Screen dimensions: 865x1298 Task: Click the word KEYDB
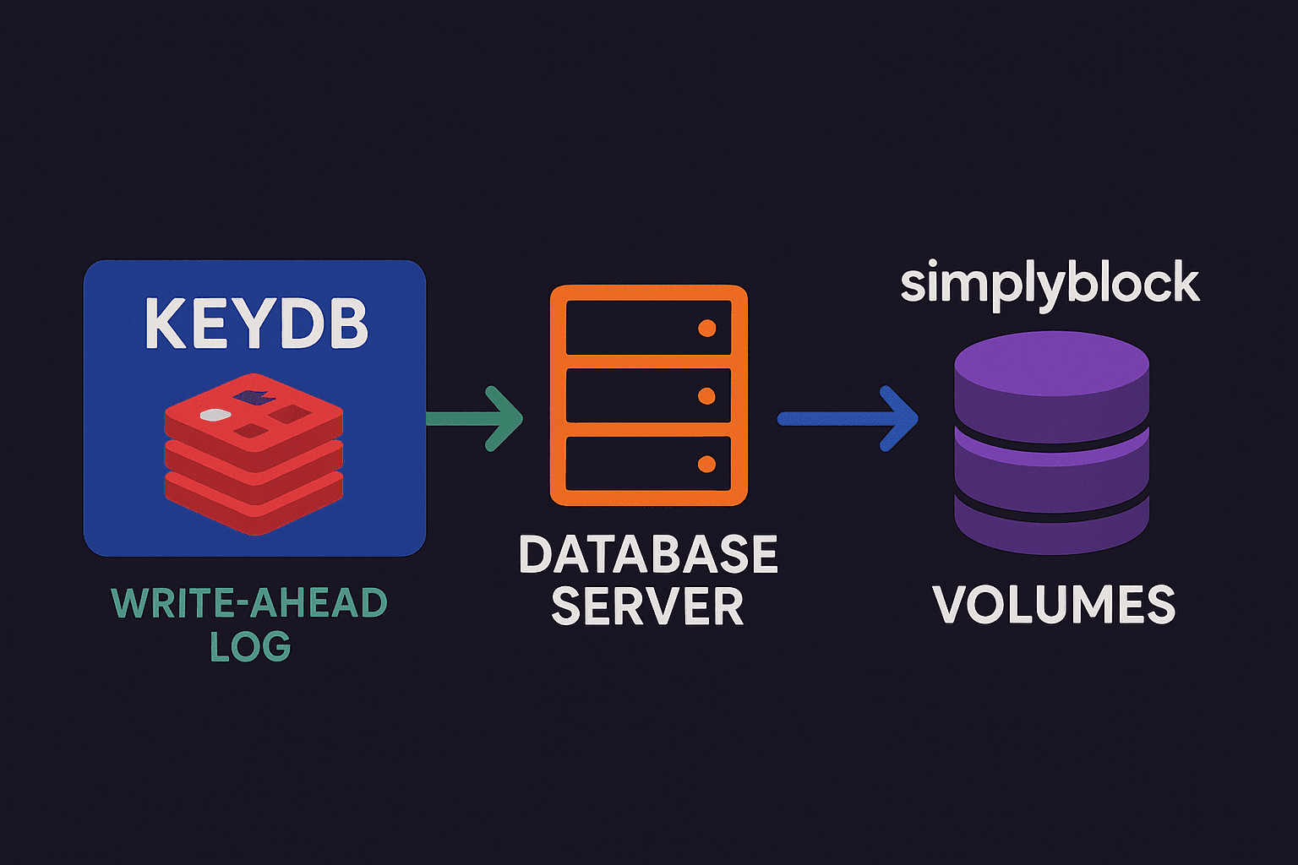pyautogui.click(x=256, y=323)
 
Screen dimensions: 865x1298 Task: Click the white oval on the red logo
pyautogui.click(x=215, y=415)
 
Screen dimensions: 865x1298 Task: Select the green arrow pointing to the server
pyautogui.click(x=477, y=418)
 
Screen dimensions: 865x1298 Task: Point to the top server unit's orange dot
pyautogui.click(x=706, y=329)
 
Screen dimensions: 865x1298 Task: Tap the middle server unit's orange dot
pyautogui.click(x=706, y=396)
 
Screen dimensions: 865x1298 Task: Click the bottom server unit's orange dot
pyautogui.click(x=706, y=464)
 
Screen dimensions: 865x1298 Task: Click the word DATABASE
pyautogui.click(x=648, y=554)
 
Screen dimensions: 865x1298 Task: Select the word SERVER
pyautogui.click(x=648, y=607)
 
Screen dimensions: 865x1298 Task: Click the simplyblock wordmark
pyautogui.click(x=1050, y=285)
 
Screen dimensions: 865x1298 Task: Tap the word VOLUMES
pyautogui.click(x=1054, y=605)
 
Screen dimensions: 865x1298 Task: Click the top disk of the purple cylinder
pyautogui.click(x=1051, y=380)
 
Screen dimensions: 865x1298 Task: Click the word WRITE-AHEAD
pyautogui.click(x=249, y=603)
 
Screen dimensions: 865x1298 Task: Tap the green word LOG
pyautogui.click(x=250, y=647)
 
